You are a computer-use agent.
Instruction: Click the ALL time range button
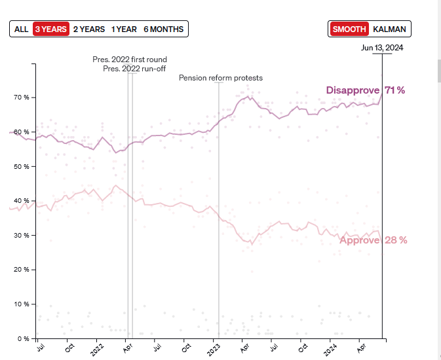(x=21, y=29)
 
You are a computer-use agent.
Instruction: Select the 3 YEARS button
(x=50, y=29)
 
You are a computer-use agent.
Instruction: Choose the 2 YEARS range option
(x=88, y=29)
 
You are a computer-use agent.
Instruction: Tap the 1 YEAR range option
(x=124, y=29)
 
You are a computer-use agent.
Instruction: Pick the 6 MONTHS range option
(x=164, y=29)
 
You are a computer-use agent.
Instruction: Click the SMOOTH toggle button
(x=349, y=29)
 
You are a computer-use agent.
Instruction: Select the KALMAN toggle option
(x=389, y=29)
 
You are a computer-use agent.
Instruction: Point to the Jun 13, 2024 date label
(x=382, y=48)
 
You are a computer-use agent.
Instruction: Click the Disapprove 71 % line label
(x=366, y=90)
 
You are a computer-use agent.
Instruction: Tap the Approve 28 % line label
(x=373, y=240)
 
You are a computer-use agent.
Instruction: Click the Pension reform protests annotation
(x=221, y=78)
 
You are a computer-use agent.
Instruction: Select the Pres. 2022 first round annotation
(x=129, y=60)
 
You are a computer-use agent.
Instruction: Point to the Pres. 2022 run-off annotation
(x=134, y=69)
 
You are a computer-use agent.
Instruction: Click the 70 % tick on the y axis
(x=20, y=98)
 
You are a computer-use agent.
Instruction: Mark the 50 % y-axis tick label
(x=20, y=166)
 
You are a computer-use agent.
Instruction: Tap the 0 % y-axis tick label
(x=22, y=338)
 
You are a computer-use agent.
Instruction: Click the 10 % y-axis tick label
(x=20, y=304)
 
